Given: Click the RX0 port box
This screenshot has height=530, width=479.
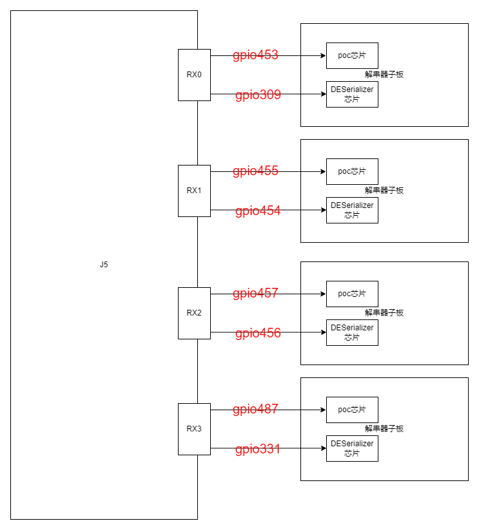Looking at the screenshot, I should pyautogui.click(x=194, y=75).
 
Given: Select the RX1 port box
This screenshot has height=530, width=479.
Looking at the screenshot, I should pyautogui.click(x=194, y=191).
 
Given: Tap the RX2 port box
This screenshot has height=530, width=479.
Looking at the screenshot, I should pyautogui.click(x=194, y=313).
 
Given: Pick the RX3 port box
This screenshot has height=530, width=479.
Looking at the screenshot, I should pyautogui.click(x=194, y=429).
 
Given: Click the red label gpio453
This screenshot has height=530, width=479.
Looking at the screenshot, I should pyautogui.click(x=255, y=55).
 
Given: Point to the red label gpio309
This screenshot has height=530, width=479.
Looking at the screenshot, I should pyautogui.click(x=258, y=95).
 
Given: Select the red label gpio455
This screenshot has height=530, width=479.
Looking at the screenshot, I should pyautogui.click(x=255, y=171).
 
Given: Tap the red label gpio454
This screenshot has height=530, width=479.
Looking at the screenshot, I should pyautogui.click(x=258, y=211).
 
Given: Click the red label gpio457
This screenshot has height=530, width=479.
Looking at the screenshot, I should pyautogui.click(x=255, y=294).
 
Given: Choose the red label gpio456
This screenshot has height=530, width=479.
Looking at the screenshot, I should pyautogui.click(x=258, y=334).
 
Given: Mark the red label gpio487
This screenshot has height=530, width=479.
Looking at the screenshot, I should pyautogui.click(x=255, y=410).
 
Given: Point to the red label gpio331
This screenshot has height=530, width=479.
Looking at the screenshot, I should pyautogui.click(x=258, y=450).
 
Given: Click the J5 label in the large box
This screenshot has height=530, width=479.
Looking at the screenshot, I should pyautogui.click(x=104, y=265).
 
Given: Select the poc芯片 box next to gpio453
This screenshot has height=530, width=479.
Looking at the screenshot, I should pyautogui.click(x=352, y=55).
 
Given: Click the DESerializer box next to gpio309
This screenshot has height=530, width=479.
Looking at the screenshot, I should pyautogui.click(x=352, y=94).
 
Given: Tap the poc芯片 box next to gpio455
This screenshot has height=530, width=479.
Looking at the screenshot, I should pyautogui.click(x=352, y=171).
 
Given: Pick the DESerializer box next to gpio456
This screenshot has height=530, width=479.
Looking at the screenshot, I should pyautogui.click(x=352, y=332).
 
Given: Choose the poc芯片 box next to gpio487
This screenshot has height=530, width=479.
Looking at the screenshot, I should pyautogui.click(x=352, y=410).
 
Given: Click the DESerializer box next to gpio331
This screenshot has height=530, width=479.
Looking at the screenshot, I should pyautogui.click(x=352, y=448).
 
